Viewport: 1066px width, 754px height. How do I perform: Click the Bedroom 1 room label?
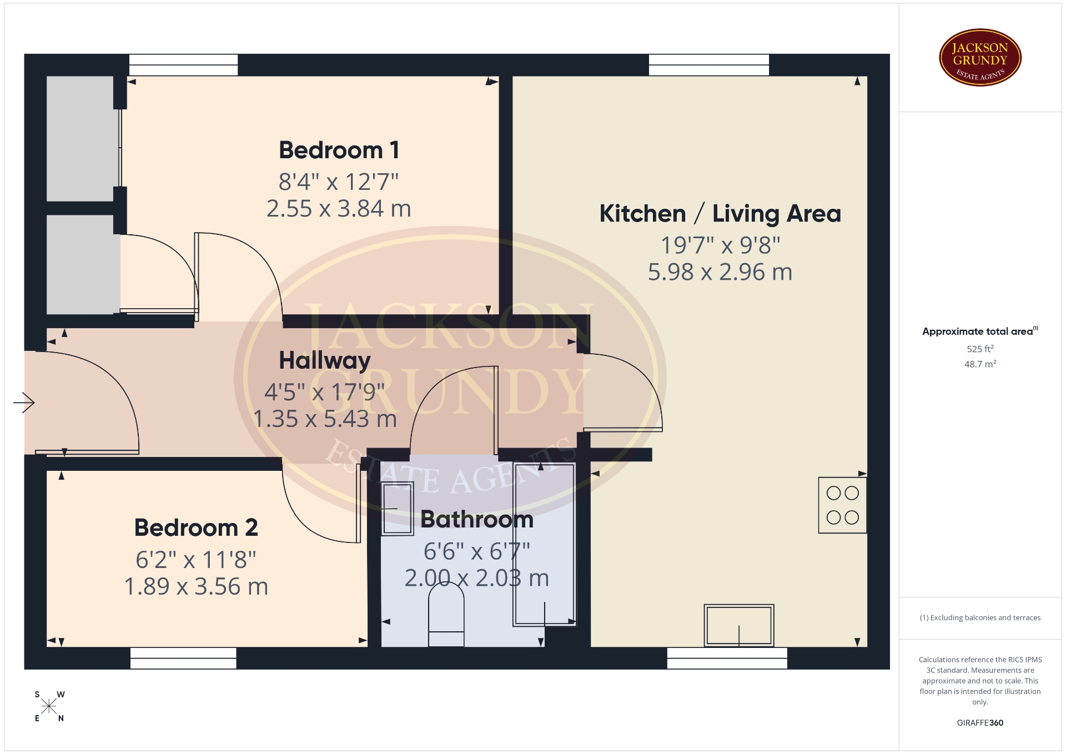pyautogui.click(x=339, y=150)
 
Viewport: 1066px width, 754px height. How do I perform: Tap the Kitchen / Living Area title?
pyautogui.click(x=720, y=214)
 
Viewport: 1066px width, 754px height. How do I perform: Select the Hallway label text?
pyautogui.click(x=325, y=361)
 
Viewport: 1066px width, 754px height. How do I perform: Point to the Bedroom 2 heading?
pyautogui.click(x=196, y=527)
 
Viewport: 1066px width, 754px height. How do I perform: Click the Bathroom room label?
pyautogui.click(x=477, y=520)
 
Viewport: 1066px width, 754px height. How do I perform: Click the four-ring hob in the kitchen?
pyautogui.click(x=842, y=505)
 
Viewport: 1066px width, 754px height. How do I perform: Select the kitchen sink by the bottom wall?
pyautogui.click(x=739, y=626)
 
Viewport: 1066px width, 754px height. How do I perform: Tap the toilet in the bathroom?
pyautogui.click(x=446, y=617)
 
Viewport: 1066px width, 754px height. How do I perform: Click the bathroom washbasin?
pyautogui.click(x=398, y=509)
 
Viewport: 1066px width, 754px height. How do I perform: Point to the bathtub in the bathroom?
pyautogui.click(x=544, y=544)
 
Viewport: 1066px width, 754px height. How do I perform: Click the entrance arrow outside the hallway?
pyautogui.click(x=24, y=403)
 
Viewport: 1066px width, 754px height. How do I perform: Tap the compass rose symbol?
pyautogui.click(x=49, y=706)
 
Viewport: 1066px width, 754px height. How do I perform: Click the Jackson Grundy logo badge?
pyautogui.click(x=980, y=58)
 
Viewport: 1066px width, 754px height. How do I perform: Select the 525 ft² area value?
pyautogui.click(x=980, y=349)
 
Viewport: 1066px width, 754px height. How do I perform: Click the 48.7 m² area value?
pyautogui.click(x=980, y=364)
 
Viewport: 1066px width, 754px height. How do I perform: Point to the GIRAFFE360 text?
pyautogui.click(x=980, y=723)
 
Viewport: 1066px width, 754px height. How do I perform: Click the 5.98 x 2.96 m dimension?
pyautogui.click(x=720, y=272)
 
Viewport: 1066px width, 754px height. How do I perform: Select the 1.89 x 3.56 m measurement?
pyautogui.click(x=196, y=587)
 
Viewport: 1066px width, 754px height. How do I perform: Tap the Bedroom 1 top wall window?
pyautogui.click(x=183, y=65)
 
